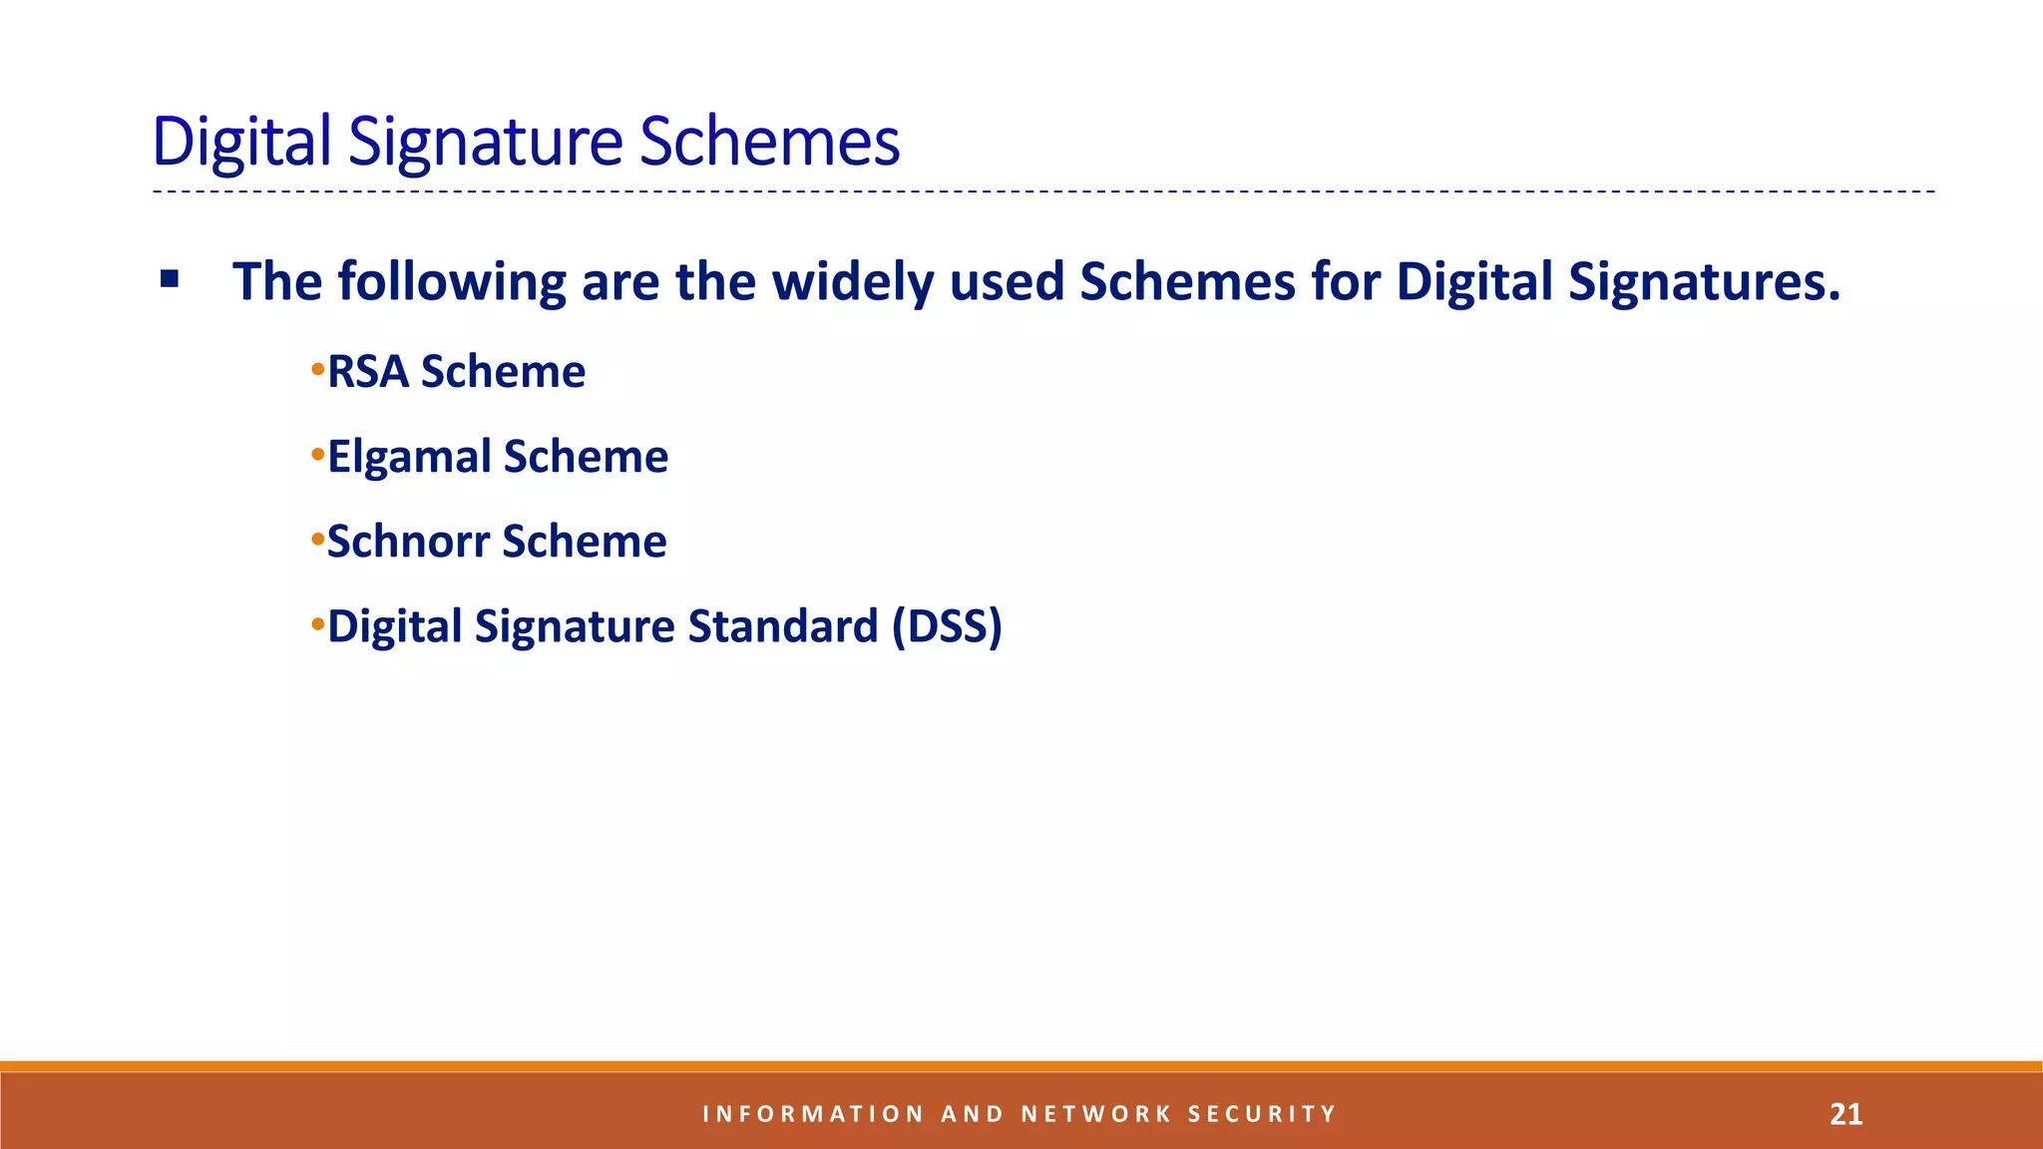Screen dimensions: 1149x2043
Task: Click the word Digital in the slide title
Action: pos(240,142)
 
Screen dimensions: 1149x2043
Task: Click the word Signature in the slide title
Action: pos(486,142)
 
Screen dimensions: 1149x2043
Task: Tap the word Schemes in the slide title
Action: pos(769,142)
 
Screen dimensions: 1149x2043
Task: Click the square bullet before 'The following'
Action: pos(170,279)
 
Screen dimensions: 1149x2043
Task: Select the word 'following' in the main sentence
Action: pos(452,281)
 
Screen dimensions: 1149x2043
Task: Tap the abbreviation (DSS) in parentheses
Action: pos(947,626)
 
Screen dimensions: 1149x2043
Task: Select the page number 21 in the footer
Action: pos(1845,1114)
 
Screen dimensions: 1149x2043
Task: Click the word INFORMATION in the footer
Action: pos(813,1114)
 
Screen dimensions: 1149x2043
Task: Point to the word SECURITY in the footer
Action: pos(1261,1114)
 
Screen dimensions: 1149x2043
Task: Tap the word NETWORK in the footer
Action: pos(1096,1114)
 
